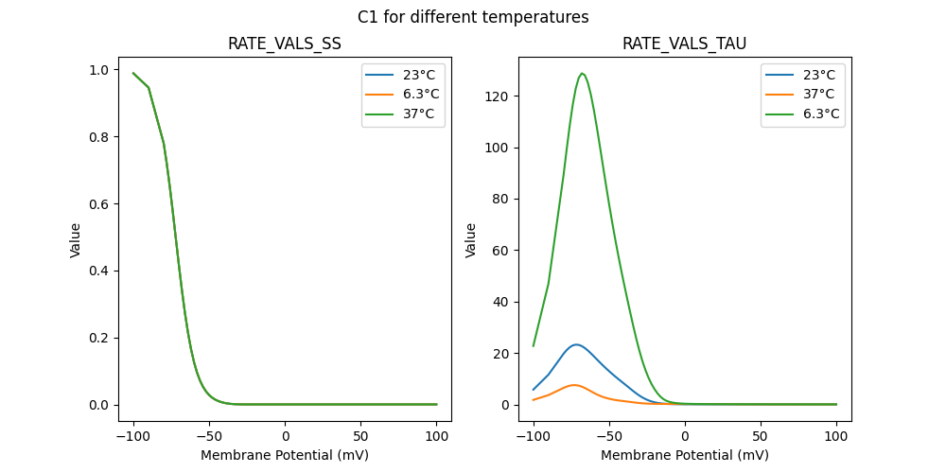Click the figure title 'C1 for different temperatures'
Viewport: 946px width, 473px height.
(x=473, y=17)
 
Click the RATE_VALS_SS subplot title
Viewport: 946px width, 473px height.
(x=285, y=44)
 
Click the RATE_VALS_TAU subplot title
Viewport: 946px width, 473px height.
(x=684, y=44)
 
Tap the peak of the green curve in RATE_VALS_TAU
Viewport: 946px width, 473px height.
(x=582, y=74)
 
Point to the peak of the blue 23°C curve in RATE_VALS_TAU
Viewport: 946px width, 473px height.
(x=575, y=344)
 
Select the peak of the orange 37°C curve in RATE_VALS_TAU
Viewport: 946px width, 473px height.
(x=573, y=385)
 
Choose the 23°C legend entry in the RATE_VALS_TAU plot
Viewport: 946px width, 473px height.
(x=817, y=74)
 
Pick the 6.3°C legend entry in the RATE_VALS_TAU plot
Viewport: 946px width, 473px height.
(x=820, y=114)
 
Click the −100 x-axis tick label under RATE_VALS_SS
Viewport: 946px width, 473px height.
(x=133, y=436)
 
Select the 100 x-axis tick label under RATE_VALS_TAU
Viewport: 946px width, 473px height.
(x=836, y=436)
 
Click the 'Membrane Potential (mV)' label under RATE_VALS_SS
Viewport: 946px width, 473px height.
(x=285, y=455)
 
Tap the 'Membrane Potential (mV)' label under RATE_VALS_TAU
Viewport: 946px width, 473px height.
(x=684, y=455)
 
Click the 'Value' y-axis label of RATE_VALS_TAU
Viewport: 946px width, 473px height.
(x=470, y=239)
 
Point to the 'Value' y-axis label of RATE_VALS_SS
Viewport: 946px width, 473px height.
(x=76, y=239)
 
